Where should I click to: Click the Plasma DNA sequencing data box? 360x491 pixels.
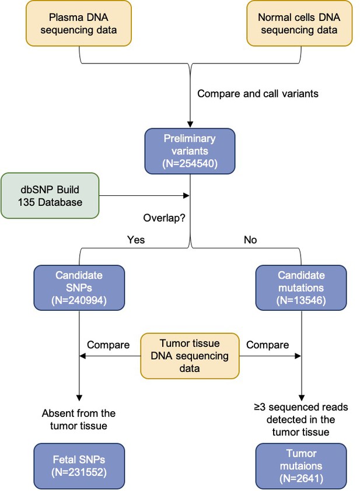(x=79, y=23)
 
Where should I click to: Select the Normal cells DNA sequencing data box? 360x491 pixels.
(x=299, y=23)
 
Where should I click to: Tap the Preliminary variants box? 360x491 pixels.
(x=190, y=151)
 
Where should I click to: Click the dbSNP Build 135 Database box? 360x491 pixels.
(x=50, y=196)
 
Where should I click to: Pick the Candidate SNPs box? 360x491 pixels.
(x=79, y=287)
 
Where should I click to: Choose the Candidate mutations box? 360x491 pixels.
(x=301, y=287)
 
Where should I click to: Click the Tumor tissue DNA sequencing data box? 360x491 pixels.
(x=190, y=356)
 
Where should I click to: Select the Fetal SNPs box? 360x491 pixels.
(x=79, y=466)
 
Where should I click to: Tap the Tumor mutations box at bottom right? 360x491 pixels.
(x=301, y=466)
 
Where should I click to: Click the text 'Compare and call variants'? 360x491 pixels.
(x=257, y=94)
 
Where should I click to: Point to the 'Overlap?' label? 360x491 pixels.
(x=164, y=218)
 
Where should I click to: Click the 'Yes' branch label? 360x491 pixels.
(x=136, y=240)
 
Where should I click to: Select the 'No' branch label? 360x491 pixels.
(x=250, y=240)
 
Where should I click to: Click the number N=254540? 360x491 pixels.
(x=190, y=163)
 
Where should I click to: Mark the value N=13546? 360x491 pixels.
(x=301, y=300)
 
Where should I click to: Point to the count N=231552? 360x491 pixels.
(x=79, y=472)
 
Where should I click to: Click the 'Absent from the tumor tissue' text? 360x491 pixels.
(x=79, y=420)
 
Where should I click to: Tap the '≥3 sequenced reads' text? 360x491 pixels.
(x=301, y=407)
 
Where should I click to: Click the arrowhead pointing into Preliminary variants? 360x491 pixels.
(x=190, y=124)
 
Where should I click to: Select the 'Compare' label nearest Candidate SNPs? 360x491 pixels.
(x=108, y=345)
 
